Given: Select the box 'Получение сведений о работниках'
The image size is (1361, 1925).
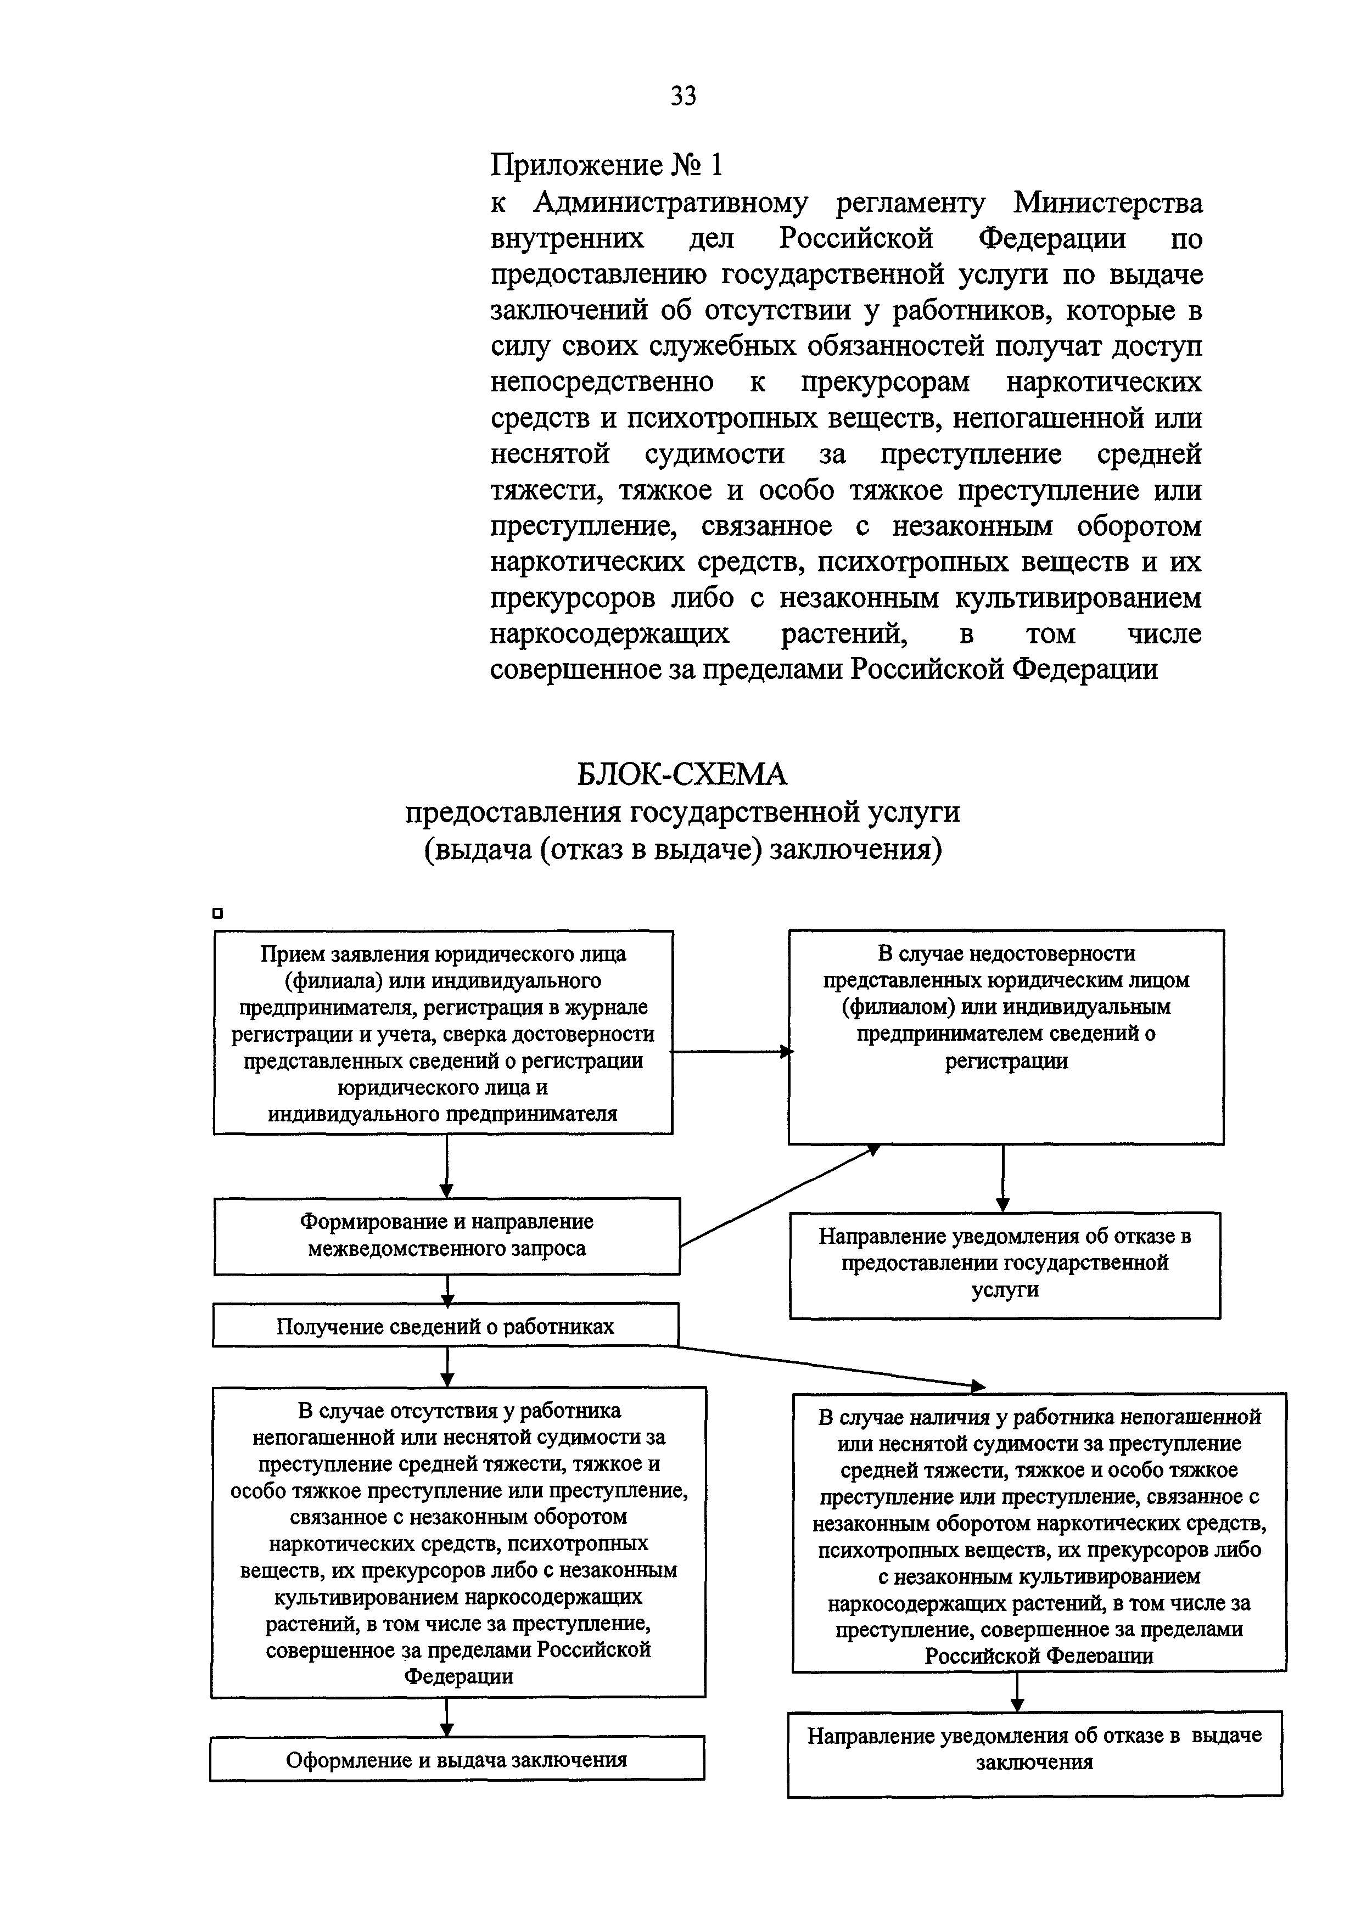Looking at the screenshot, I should coord(445,1326).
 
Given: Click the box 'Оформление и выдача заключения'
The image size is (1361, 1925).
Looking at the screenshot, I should coord(456,1759).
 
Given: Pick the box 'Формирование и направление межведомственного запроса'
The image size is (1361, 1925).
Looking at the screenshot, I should coord(446,1236).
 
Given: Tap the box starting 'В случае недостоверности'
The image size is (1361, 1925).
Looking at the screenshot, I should coord(1005,1036).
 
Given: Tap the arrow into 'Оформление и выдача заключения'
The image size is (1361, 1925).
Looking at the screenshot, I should coord(447,1717).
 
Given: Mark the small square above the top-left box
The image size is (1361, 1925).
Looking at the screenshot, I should coord(218,914).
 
